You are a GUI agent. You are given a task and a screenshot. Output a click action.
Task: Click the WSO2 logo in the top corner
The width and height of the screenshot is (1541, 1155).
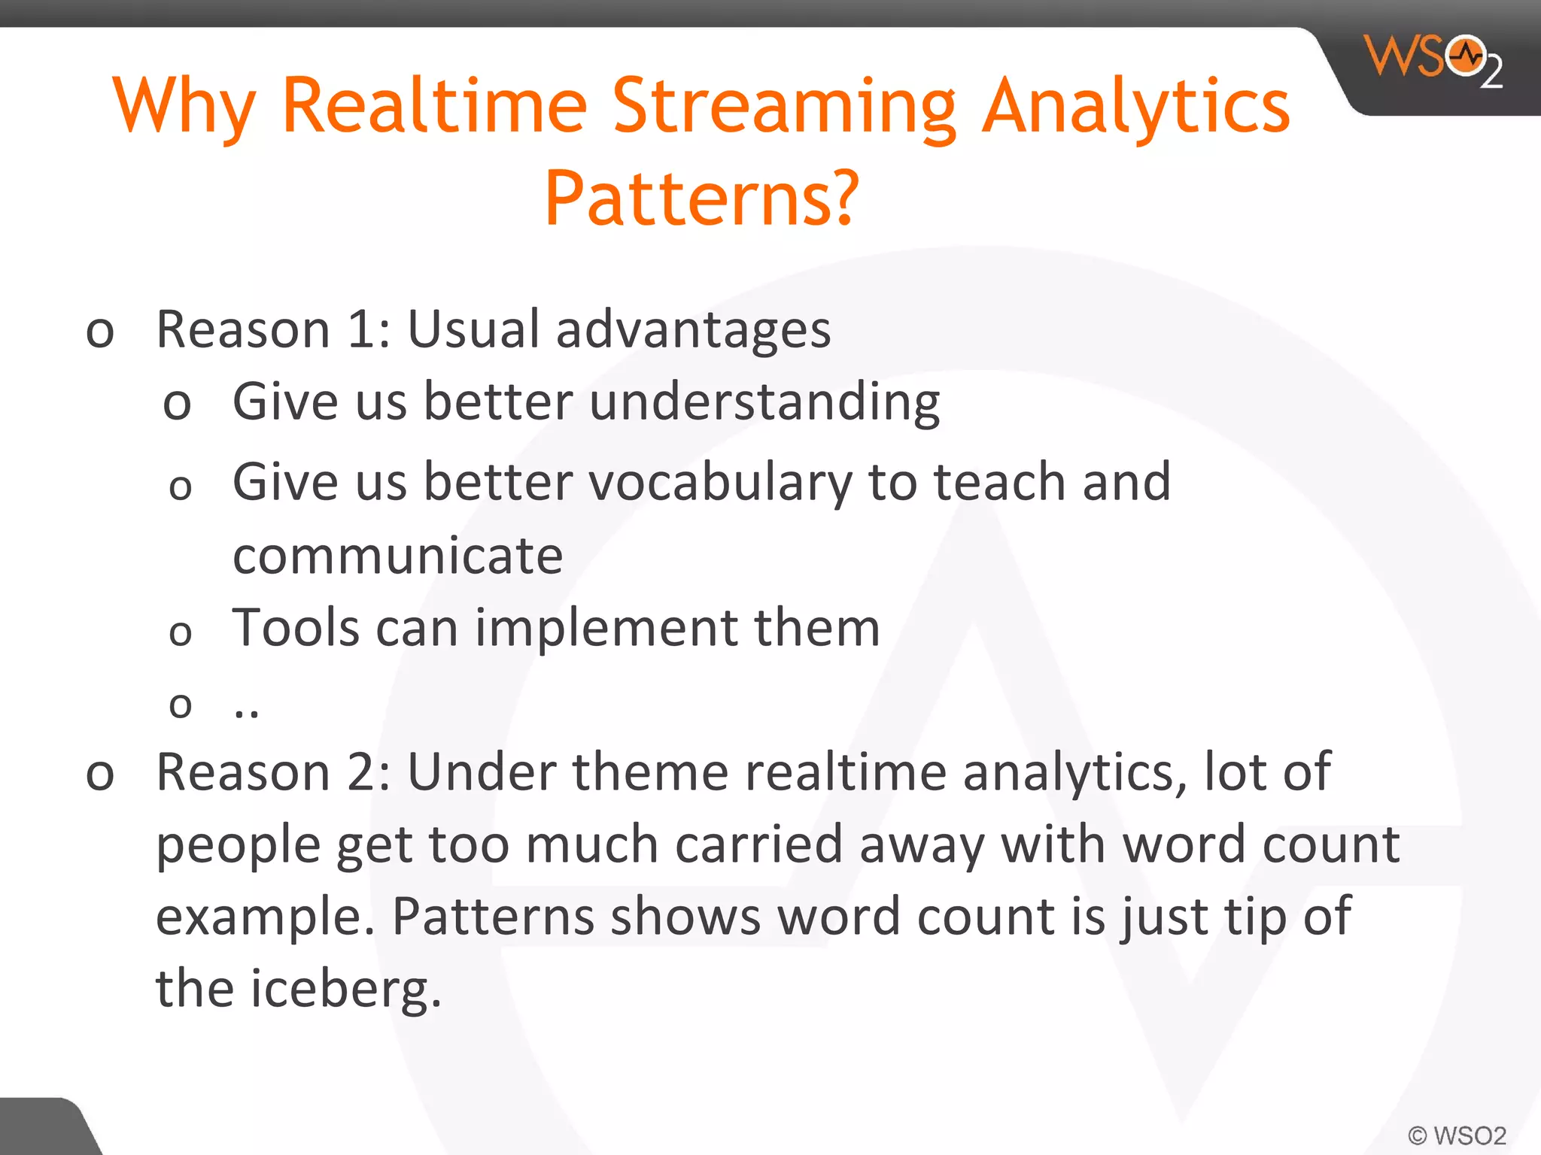pyautogui.click(x=1433, y=60)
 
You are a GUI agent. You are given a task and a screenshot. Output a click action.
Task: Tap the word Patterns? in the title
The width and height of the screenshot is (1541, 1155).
pyautogui.click(x=701, y=199)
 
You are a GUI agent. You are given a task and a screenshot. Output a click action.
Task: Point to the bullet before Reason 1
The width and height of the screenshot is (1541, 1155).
pyautogui.click(x=100, y=332)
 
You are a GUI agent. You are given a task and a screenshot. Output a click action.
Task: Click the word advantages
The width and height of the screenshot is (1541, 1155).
pyautogui.click(x=693, y=331)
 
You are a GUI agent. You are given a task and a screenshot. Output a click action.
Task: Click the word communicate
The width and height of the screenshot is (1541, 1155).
pyautogui.click(x=397, y=556)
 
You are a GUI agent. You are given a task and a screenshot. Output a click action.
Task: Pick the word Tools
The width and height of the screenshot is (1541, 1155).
pyautogui.click(x=296, y=628)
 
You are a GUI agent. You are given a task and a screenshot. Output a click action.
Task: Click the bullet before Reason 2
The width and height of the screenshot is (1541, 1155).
pyautogui.click(x=100, y=775)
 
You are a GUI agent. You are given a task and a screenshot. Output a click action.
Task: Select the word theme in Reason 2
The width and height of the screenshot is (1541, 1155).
pyautogui.click(x=650, y=772)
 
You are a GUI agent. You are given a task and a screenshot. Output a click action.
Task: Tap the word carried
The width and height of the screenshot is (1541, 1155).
pyautogui.click(x=758, y=845)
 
